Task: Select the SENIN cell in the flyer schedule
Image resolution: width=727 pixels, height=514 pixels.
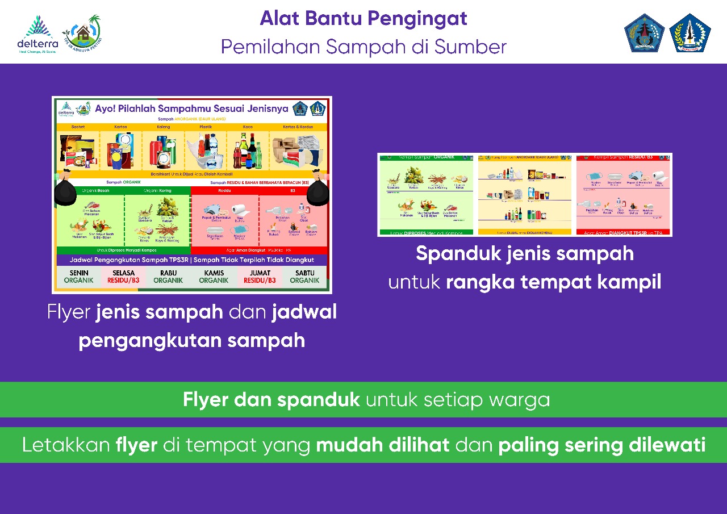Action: [78, 277]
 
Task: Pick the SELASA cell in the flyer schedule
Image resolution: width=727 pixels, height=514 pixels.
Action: [123, 277]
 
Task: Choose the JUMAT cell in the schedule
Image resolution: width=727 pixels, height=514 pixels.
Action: [260, 277]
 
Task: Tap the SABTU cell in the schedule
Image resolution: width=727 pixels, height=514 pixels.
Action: [304, 277]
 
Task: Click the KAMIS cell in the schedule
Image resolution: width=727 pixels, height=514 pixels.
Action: [214, 277]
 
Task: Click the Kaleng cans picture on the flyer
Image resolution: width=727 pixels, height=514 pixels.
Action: [162, 151]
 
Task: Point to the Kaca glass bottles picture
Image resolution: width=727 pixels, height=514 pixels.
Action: [248, 152]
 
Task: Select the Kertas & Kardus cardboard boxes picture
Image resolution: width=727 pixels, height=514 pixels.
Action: [298, 152]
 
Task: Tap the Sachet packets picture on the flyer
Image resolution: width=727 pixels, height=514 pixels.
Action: [78, 151]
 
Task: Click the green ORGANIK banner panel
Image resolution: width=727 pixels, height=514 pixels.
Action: [426, 195]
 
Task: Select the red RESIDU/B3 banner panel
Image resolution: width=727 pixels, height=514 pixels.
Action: [624, 195]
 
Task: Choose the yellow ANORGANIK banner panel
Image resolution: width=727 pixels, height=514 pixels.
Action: [525, 195]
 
